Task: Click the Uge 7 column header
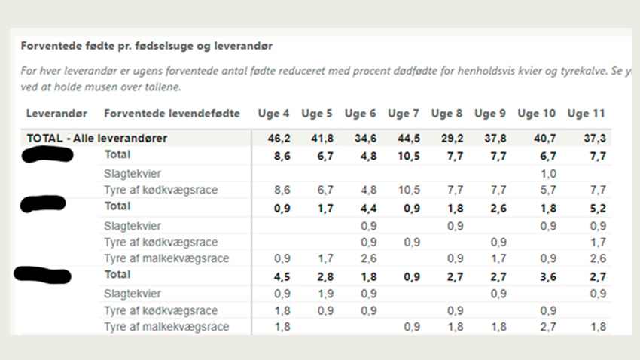(403, 114)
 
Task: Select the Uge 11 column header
(586, 114)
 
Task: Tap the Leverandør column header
(56, 114)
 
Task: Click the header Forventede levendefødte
(172, 114)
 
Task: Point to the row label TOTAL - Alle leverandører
(96, 139)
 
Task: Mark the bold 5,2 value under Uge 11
(594, 207)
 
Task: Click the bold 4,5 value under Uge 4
(278, 276)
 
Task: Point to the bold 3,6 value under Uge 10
(547, 276)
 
